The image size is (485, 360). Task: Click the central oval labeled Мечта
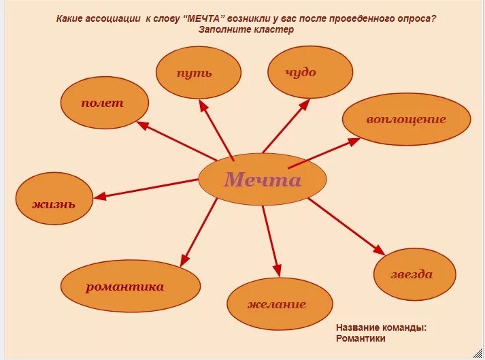[x=262, y=180]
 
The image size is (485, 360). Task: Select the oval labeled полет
[x=104, y=103]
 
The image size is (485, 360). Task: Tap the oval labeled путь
[x=198, y=72]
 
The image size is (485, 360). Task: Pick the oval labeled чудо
[x=310, y=72]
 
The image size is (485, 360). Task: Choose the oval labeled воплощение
[x=406, y=120]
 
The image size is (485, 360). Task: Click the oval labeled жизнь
[x=54, y=203]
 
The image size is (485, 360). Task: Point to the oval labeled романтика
[x=131, y=287]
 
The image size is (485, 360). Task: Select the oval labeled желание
[x=279, y=304]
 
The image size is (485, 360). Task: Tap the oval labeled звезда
[x=414, y=274]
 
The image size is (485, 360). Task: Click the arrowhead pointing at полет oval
[x=143, y=125]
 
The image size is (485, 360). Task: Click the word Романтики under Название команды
[x=361, y=338]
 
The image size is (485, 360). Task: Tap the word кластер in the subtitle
[x=277, y=30]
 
